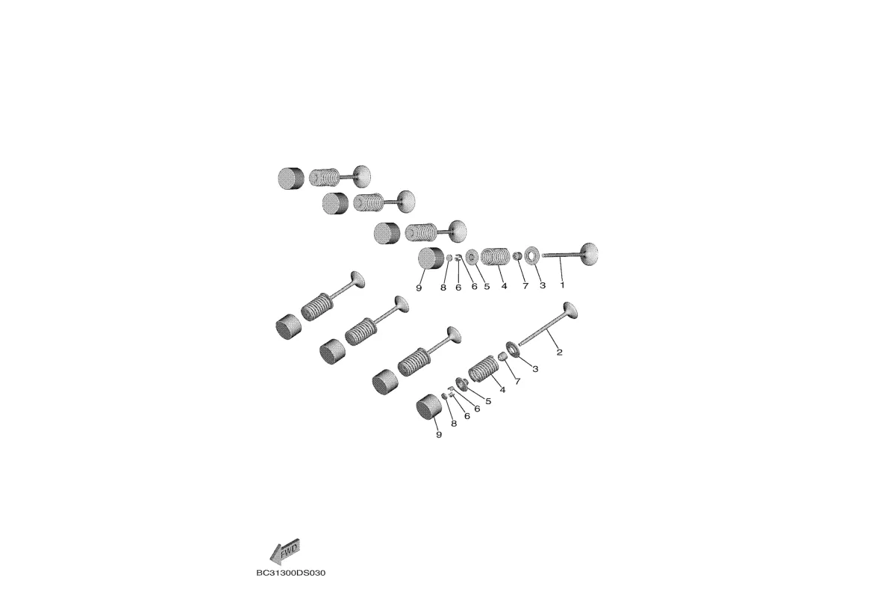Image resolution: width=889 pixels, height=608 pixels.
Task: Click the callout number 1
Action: [x=562, y=285]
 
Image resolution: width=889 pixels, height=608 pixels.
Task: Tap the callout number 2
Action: [x=560, y=353]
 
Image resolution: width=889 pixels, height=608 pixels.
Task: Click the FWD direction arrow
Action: [x=284, y=550]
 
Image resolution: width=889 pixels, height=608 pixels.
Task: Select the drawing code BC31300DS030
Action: [x=291, y=573]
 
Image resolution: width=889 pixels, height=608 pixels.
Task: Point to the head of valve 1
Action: [x=589, y=253]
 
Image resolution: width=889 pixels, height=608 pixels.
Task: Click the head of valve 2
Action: [x=570, y=310]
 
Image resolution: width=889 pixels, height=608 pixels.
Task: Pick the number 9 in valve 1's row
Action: [x=419, y=288]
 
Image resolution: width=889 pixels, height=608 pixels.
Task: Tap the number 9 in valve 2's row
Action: [x=438, y=435]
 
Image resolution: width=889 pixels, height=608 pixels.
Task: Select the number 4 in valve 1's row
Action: [x=503, y=286]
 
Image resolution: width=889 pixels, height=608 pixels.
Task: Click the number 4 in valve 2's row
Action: [x=502, y=390]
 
